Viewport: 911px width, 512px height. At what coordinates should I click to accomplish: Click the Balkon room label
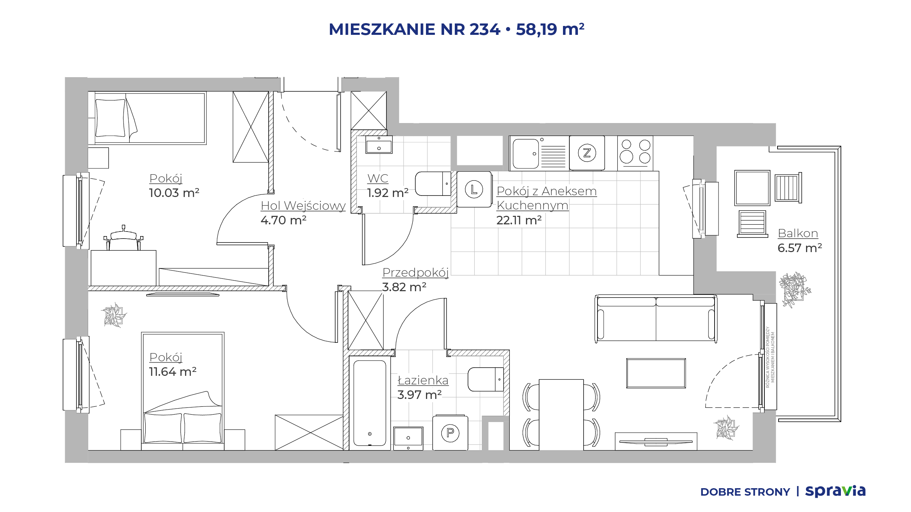pyautogui.click(x=798, y=233)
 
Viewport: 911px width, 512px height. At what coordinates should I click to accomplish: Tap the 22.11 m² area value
pyautogui.click(x=519, y=220)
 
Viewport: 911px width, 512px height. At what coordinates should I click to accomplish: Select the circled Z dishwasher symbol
pyautogui.click(x=587, y=153)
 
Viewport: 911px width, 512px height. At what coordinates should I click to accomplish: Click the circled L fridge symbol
pyautogui.click(x=474, y=189)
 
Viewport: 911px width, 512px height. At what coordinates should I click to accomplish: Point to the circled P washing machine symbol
pyautogui.click(x=450, y=433)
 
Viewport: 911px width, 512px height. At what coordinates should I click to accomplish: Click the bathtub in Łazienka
pyautogui.click(x=370, y=403)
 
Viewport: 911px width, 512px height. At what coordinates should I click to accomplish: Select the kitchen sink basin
pyautogui.click(x=526, y=154)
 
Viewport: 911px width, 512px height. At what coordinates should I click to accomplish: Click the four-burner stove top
pyautogui.click(x=635, y=153)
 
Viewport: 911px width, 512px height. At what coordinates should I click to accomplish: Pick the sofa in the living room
pyautogui.click(x=656, y=319)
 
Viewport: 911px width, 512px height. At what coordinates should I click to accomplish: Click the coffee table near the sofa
pyautogui.click(x=656, y=373)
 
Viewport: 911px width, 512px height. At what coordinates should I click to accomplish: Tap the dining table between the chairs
pyautogui.click(x=561, y=415)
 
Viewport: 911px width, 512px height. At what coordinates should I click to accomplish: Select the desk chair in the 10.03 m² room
pyautogui.click(x=123, y=238)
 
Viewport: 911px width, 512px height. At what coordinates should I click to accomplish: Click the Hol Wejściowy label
pyautogui.click(x=303, y=206)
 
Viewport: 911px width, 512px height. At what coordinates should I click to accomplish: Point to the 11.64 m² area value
pyautogui.click(x=173, y=372)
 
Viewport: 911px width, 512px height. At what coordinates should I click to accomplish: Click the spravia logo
pyautogui.click(x=835, y=491)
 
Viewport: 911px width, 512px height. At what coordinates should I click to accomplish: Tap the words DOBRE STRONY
pyautogui.click(x=745, y=492)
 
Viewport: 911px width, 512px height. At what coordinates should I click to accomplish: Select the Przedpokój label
pyautogui.click(x=415, y=273)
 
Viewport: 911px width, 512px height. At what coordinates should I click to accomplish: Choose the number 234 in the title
pyautogui.click(x=485, y=29)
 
